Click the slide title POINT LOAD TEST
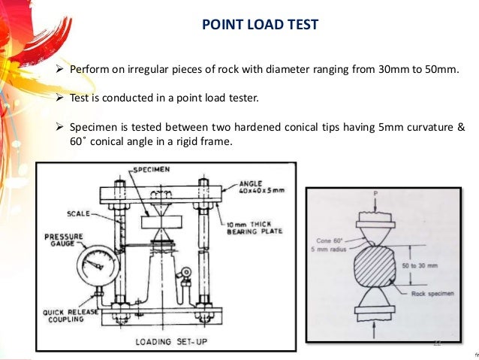260,25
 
